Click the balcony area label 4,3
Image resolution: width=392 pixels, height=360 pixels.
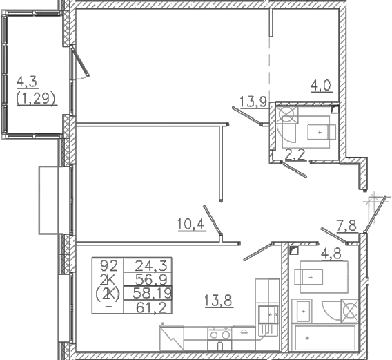coord(27,82)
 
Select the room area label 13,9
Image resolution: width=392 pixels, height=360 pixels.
coord(253,102)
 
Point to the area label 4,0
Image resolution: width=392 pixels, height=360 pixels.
coord(321,86)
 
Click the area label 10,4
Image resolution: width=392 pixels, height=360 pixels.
coord(191,224)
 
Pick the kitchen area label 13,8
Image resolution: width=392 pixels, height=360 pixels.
coord(219,301)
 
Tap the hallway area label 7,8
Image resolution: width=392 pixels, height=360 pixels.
coord(346,226)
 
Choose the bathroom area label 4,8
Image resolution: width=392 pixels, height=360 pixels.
coord(331,254)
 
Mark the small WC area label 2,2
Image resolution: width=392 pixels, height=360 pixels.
coord(295,155)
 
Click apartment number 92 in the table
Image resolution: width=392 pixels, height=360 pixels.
coord(109,265)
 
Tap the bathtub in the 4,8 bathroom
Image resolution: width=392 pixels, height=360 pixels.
coord(325,338)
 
